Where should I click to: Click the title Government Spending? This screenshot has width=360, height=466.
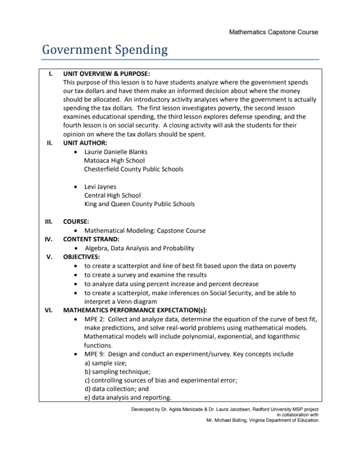coord(105,50)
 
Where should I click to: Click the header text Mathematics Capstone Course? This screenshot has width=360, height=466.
coord(273,32)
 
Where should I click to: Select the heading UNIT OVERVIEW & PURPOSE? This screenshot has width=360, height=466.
coord(106,73)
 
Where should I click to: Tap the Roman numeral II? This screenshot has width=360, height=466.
coord(50,143)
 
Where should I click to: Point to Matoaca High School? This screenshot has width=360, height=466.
coord(114,160)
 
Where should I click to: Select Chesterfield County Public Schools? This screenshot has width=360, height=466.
coord(134,169)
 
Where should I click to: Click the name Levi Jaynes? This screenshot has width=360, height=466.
coord(100,187)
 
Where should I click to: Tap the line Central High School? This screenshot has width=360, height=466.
coord(112,196)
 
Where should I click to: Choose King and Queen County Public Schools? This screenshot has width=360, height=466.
coord(139,204)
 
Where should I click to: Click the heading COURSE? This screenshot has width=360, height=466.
coord(76,221)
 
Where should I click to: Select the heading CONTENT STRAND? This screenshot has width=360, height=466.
coord(91,239)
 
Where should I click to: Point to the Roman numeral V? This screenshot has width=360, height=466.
coord(50,257)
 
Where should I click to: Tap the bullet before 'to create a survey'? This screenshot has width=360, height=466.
coord(75,275)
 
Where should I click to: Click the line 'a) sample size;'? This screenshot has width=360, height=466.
coord(105,362)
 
